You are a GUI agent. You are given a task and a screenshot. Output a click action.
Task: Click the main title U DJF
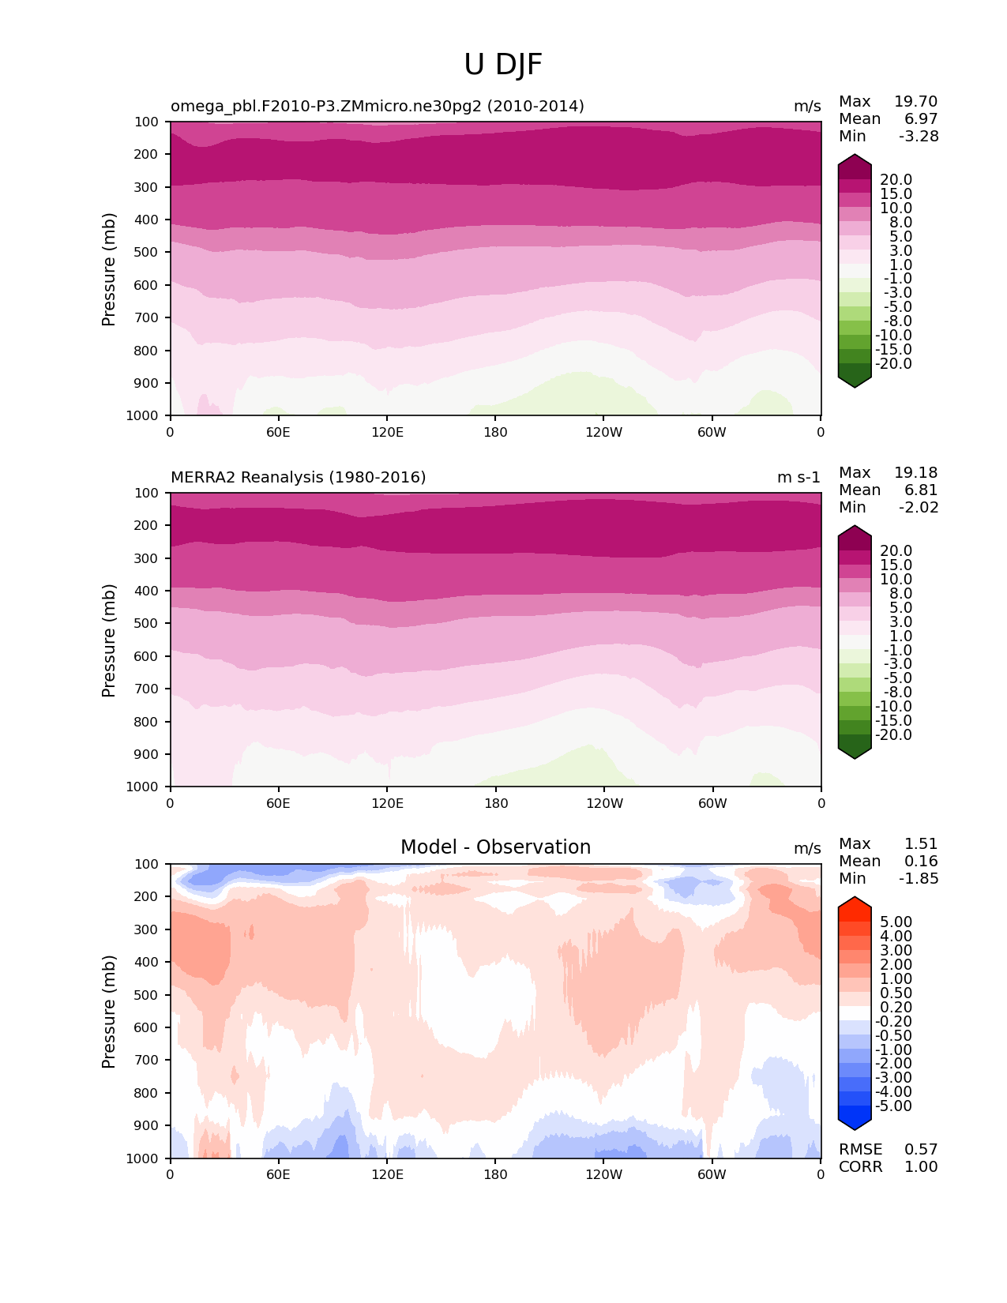503,65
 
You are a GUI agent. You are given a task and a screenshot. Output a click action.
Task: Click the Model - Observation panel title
495,847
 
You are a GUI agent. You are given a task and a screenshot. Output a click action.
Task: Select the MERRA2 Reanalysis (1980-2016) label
298,477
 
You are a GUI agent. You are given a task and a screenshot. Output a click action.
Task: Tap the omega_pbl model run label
377,106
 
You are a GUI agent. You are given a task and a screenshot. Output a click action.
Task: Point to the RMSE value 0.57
921,1149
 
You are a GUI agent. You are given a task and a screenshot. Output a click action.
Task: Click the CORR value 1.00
921,1166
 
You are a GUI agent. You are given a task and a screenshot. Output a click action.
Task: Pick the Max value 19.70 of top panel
915,101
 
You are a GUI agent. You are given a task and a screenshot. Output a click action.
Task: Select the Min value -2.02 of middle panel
919,507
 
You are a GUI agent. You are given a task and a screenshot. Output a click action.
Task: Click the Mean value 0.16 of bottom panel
921,861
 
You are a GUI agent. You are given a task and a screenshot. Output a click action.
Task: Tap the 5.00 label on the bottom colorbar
896,922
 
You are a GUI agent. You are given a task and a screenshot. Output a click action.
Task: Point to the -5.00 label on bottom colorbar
893,1106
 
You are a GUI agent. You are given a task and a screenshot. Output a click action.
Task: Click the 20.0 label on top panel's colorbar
896,179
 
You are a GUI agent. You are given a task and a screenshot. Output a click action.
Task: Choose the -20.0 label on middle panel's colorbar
893,734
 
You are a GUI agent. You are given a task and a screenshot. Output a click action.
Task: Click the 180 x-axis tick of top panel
495,432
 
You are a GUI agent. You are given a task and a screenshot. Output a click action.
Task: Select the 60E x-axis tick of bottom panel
278,1174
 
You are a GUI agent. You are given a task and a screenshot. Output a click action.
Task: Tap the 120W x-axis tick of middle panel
604,803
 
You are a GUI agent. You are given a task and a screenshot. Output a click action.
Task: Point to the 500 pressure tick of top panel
147,252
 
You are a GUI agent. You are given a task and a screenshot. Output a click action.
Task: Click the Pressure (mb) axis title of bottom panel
109,1011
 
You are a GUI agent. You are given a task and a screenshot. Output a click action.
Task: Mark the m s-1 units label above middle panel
798,477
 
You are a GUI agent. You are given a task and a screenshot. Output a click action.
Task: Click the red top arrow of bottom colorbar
854,904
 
